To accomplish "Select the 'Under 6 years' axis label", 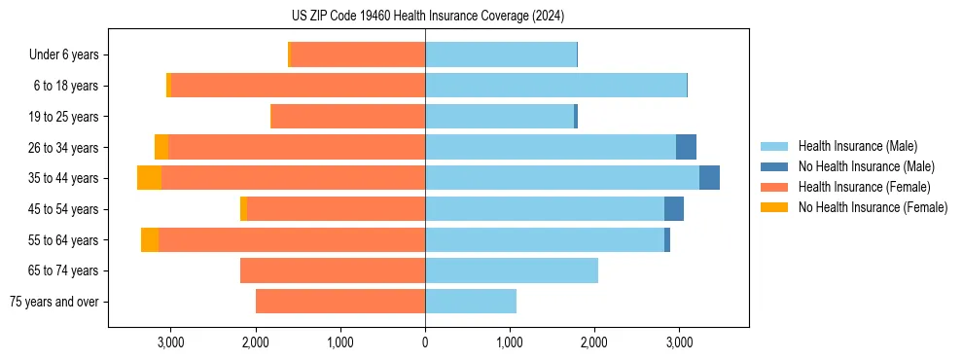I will tap(69, 55).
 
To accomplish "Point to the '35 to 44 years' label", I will tap(64, 178).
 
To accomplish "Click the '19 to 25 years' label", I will tap(64, 117).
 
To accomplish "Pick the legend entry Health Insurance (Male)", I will tap(857, 146).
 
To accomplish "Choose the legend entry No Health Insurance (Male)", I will tap(866, 166).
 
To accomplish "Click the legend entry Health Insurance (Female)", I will tap(864, 187).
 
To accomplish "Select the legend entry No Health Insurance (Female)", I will tap(873, 207).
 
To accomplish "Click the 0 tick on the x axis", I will tap(425, 342).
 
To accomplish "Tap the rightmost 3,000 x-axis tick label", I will tap(679, 342).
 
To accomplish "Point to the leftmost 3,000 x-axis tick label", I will tap(170, 342).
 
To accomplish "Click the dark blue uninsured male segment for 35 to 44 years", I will tap(709, 178).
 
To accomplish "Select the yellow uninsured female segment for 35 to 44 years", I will tap(149, 178).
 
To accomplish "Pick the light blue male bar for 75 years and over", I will tap(471, 302).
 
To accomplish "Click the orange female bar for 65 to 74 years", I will tap(333, 270).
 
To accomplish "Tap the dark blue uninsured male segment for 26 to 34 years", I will tap(686, 147).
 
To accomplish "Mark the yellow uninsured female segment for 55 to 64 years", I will tap(150, 239).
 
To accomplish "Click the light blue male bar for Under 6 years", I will tap(501, 55).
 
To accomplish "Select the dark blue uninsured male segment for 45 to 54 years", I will tap(673, 209).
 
